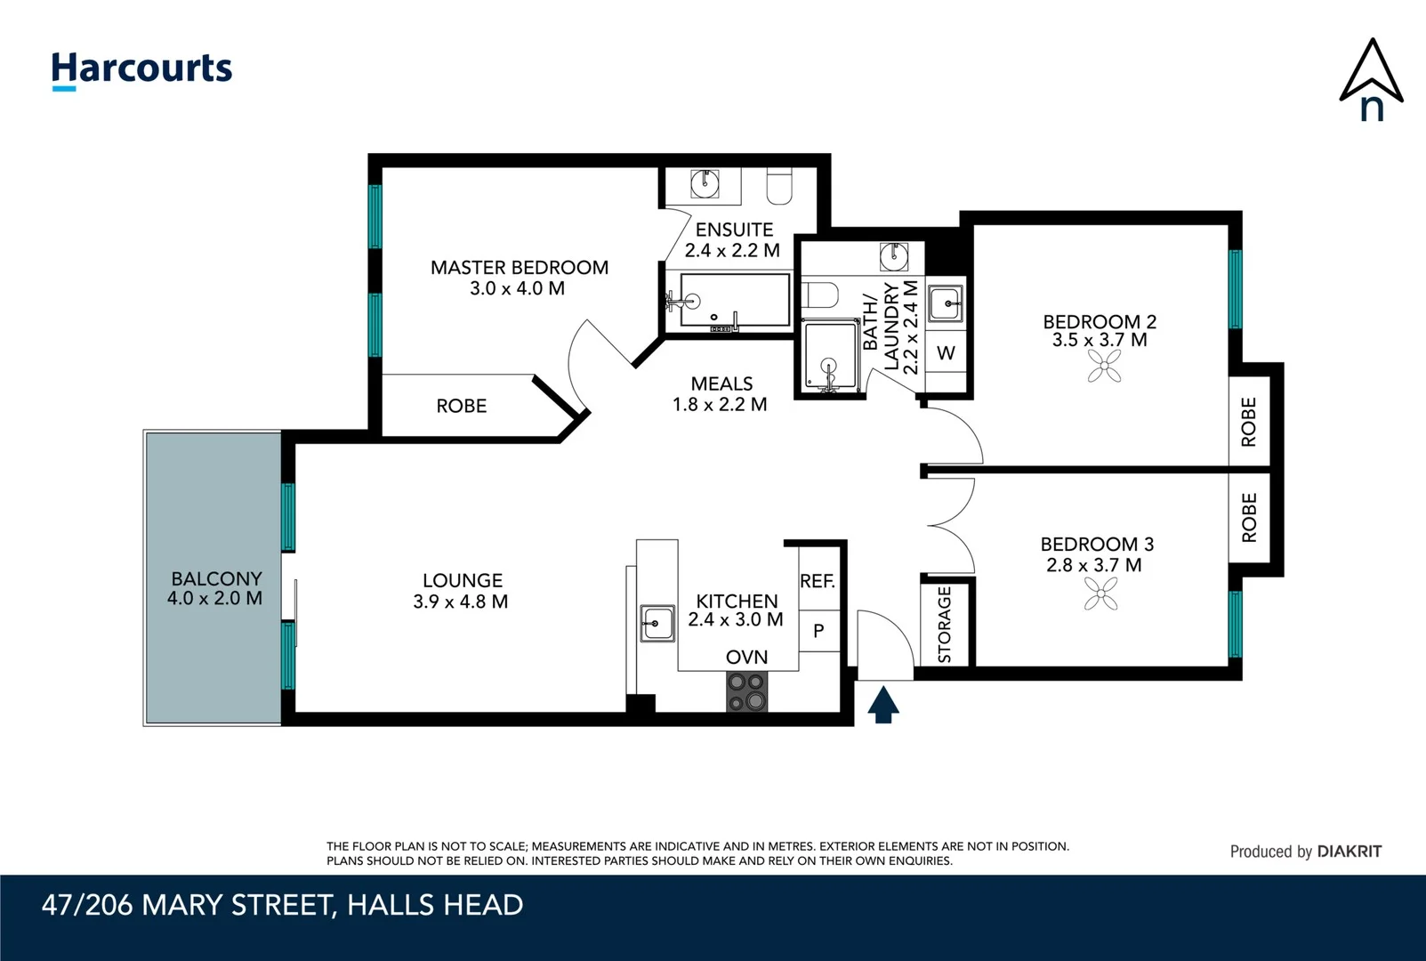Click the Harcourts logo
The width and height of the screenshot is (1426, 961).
click(x=141, y=69)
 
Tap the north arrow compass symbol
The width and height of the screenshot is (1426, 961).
click(x=1371, y=80)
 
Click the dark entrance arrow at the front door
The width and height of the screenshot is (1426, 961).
click(x=882, y=705)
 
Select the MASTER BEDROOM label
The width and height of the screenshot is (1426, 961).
click(x=520, y=267)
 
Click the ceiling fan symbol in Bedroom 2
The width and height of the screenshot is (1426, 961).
click(x=1104, y=366)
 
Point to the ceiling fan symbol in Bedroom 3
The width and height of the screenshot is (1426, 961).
click(x=1101, y=594)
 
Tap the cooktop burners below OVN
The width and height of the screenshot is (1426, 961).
click(x=747, y=691)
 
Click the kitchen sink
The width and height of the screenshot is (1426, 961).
click(x=657, y=623)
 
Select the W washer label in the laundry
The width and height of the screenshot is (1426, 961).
click(x=946, y=353)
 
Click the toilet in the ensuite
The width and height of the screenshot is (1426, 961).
click(x=780, y=186)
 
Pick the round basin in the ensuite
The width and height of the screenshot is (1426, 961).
click(x=705, y=184)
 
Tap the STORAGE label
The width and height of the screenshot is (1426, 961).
click(x=945, y=624)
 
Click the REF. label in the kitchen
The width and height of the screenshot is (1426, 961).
click(x=818, y=581)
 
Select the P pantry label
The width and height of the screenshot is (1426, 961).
click(x=818, y=631)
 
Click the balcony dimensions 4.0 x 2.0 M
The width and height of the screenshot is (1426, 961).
click(x=214, y=599)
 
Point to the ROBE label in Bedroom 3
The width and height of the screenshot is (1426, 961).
click(x=1249, y=518)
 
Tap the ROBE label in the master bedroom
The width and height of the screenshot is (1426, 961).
click(x=461, y=406)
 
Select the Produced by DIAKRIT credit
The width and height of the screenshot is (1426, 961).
click(x=1305, y=852)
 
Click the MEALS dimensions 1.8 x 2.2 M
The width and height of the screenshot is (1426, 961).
click(x=720, y=404)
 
